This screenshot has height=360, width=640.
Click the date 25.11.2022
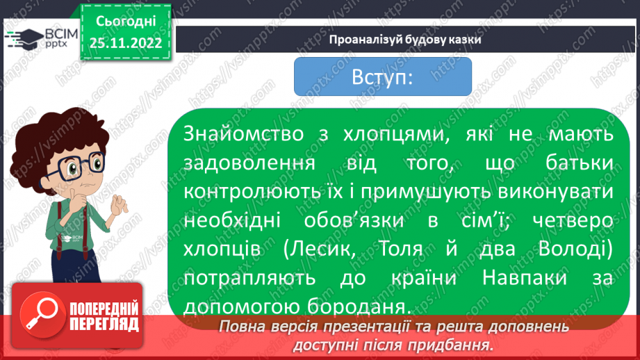pos(126,44)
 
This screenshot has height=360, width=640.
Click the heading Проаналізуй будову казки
pos(405,39)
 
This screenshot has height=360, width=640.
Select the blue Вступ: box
pos(383,77)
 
